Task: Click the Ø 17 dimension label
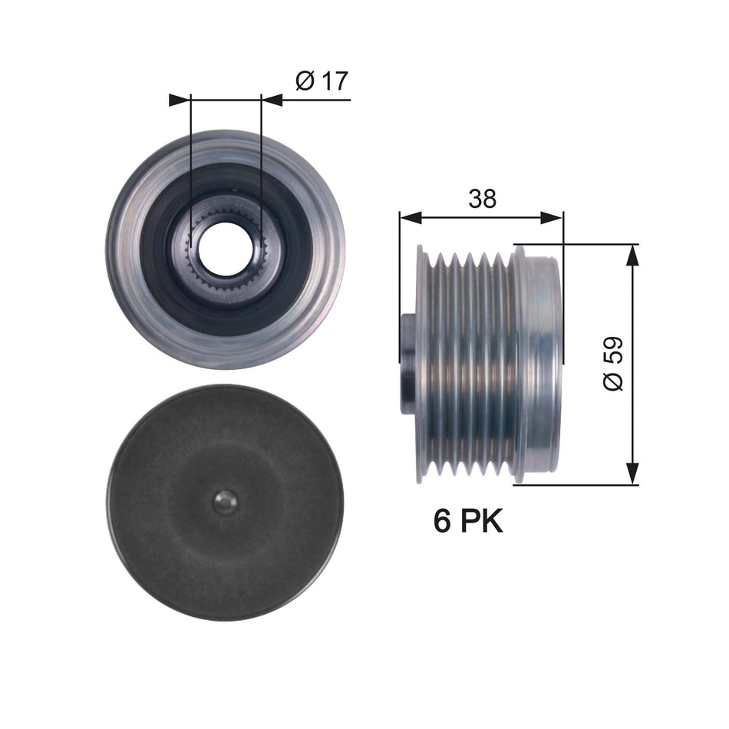tap(321, 81)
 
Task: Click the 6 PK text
tap(468, 522)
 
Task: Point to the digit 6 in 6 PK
tap(442, 522)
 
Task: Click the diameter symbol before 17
tap(304, 81)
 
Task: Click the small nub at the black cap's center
tap(224, 502)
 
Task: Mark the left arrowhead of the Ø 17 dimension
tap(179, 99)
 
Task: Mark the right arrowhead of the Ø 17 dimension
tap(272, 99)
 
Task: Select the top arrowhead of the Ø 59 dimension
tap(632, 256)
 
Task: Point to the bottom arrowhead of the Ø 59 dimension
tap(632, 473)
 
